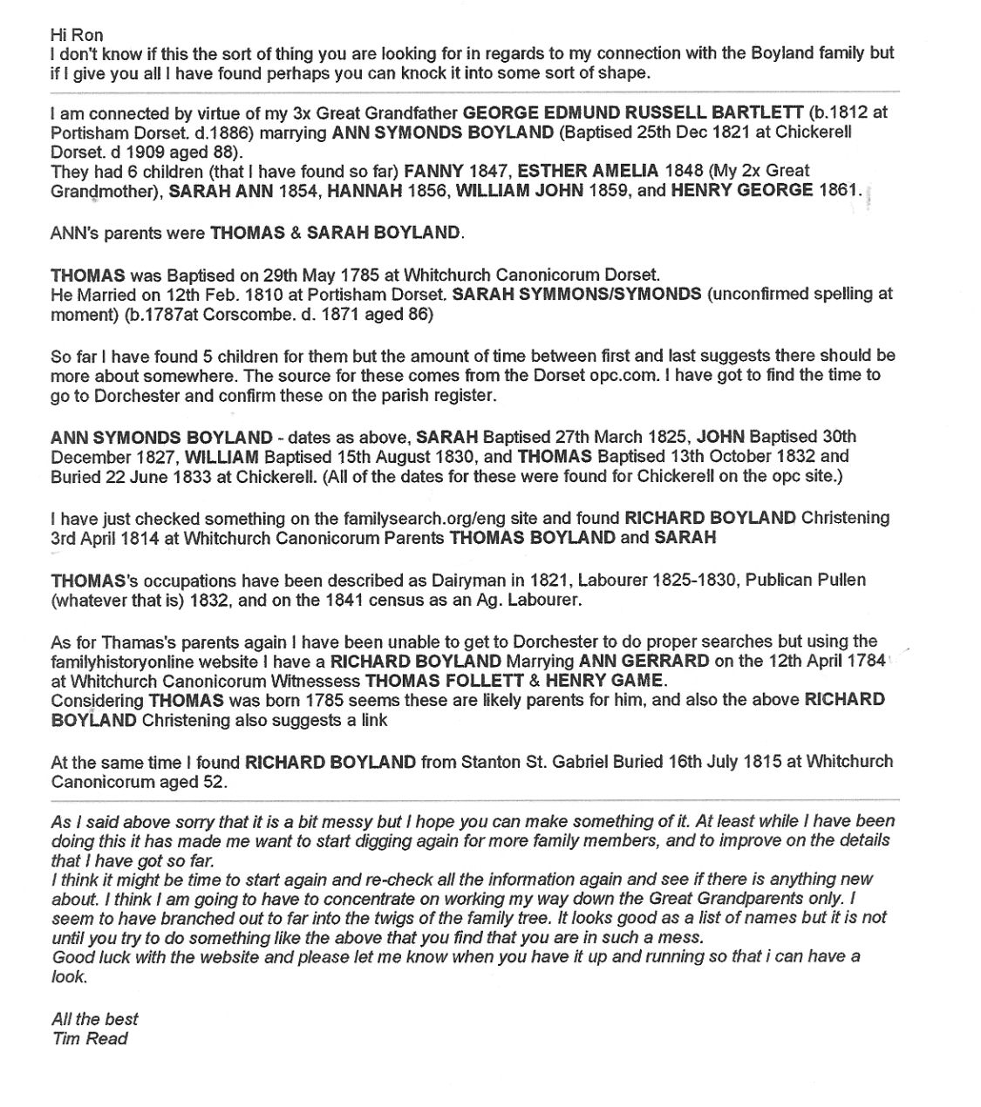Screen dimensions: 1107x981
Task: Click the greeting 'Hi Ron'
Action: coord(77,35)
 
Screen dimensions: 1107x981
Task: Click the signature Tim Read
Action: coord(90,1038)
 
